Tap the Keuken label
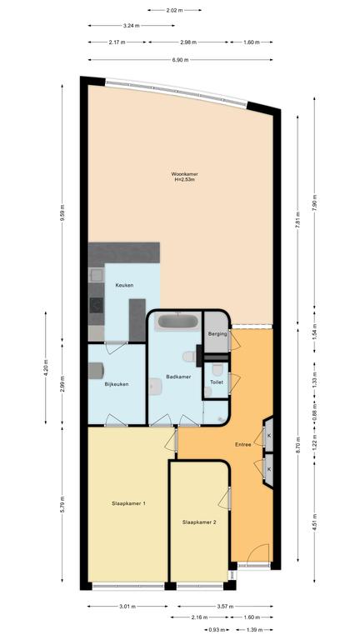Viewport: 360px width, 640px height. [x=124, y=285]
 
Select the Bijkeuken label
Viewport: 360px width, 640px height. [x=117, y=384]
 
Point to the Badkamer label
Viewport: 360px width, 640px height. [x=178, y=377]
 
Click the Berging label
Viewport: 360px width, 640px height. [x=217, y=333]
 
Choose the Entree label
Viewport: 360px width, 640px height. [x=242, y=444]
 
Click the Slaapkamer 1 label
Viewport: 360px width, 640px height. [x=129, y=503]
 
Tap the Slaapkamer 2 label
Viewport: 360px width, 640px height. [x=199, y=522]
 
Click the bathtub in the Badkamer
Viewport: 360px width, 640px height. [x=178, y=321]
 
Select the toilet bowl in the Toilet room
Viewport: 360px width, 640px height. [x=217, y=369]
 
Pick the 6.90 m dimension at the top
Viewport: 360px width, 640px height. [x=180, y=60]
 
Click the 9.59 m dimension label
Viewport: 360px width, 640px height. [x=62, y=212]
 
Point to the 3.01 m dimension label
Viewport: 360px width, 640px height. [x=127, y=606]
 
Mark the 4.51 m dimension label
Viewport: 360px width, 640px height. [x=314, y=522]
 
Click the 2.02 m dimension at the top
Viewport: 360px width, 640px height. [x=174, y=10]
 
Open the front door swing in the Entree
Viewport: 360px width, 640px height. [x=257, y=552]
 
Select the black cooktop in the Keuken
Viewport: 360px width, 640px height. [x=97, y=305]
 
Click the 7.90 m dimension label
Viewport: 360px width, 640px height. [x=314, y=201]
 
